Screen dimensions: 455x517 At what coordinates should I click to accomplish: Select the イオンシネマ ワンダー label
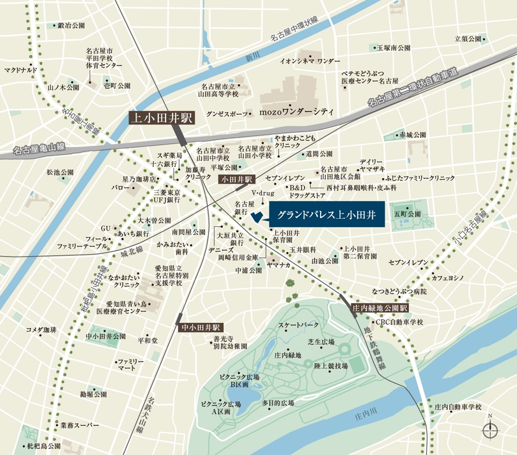point(310,60)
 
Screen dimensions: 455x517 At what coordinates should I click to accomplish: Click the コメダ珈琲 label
point(41,330)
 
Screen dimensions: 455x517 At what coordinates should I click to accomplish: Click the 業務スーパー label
point(79,425)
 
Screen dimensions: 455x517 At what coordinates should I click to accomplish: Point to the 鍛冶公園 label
point(71,25)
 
